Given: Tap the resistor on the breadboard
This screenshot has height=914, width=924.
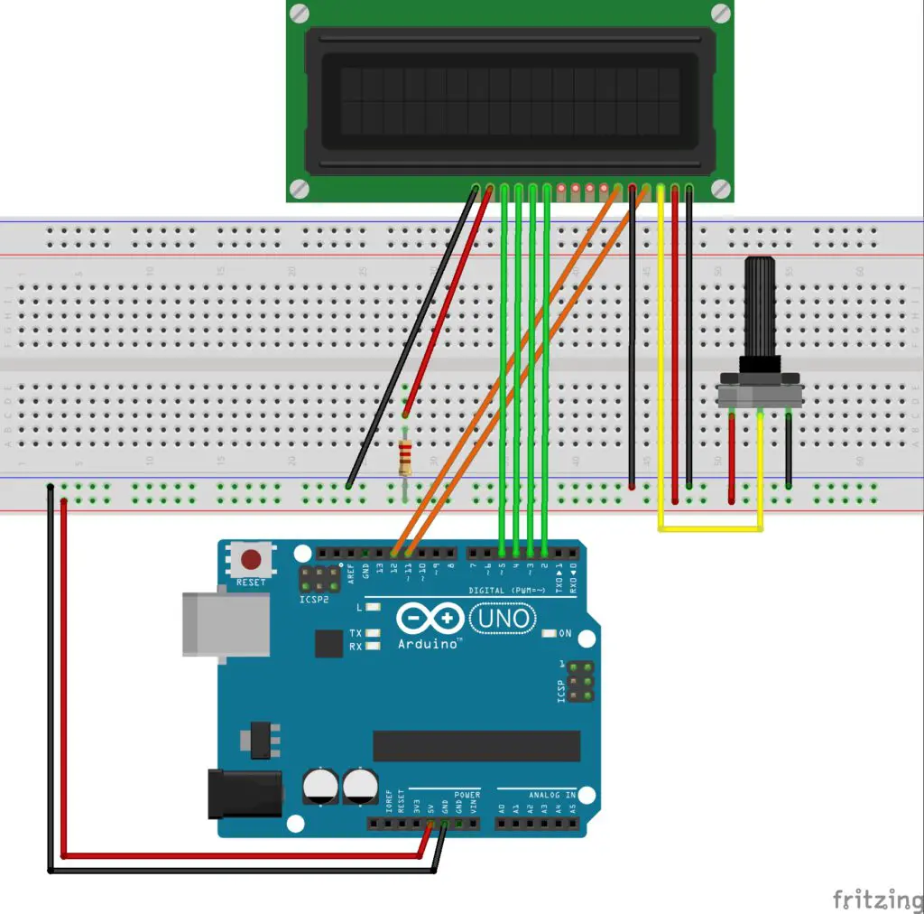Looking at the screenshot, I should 405,456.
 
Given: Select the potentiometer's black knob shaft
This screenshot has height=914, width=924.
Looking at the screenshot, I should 760,307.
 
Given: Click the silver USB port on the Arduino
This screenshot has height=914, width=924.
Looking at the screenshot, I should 226,623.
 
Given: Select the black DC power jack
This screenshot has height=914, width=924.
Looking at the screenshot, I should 245,794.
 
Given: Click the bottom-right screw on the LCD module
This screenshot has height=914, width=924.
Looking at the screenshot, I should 720,188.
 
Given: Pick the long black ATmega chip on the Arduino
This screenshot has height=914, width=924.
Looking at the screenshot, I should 476,745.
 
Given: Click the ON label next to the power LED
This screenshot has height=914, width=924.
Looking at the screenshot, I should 566,634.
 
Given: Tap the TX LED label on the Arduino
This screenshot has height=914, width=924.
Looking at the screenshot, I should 356,633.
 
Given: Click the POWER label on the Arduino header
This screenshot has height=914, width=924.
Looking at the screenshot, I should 467,794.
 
